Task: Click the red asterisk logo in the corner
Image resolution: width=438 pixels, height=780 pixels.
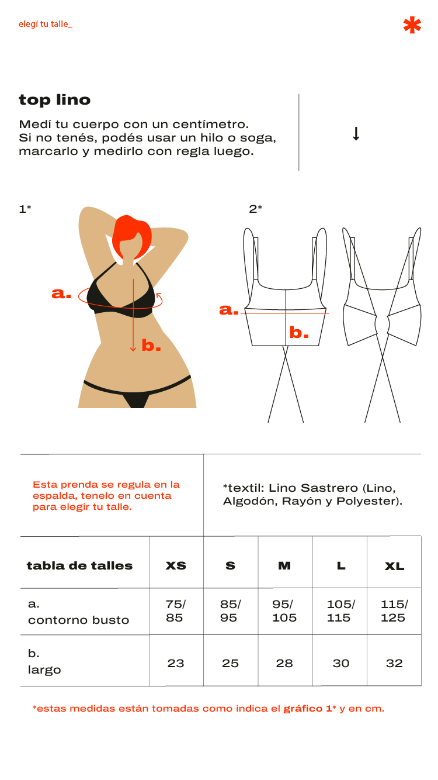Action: click(412, 25)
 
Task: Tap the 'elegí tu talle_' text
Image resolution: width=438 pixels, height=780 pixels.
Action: click(46, 24)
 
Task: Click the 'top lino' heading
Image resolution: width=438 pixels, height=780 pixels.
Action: click(55, 101)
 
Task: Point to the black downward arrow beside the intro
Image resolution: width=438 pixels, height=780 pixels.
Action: click(356, 133)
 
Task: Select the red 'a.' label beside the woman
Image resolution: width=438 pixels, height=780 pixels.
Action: click(61, 293)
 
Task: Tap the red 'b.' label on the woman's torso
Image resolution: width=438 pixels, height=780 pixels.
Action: click(151, 345)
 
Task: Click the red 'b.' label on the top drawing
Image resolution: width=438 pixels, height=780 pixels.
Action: click(299, 332)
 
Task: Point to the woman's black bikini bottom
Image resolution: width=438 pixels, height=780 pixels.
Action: click(137, 392)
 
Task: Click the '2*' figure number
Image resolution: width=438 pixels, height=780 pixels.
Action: click(255, 209)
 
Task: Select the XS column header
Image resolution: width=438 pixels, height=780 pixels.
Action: click(176, 566)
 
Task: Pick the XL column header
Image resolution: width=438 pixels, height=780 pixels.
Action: click(395, 566)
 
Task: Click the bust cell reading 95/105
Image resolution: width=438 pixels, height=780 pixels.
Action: click(284, 611)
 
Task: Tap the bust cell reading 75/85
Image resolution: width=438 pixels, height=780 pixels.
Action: click(176, 611)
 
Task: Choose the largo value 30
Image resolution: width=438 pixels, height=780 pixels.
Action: click(341, 663)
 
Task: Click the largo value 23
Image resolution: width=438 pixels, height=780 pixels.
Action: click(176, 663)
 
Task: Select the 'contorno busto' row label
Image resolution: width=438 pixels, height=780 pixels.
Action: click(79, 620)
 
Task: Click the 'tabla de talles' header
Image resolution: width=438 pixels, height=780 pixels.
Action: click(79, 565)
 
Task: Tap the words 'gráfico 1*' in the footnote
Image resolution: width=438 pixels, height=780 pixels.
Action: click(310, 709)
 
